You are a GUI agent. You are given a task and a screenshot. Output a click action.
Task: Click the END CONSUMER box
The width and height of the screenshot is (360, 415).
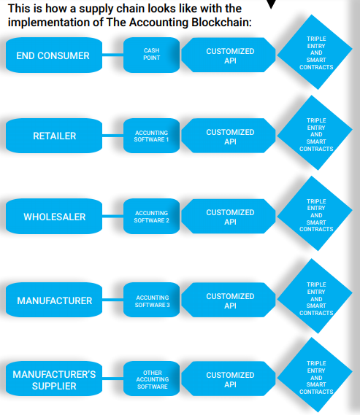pyautogui.click(x=54, y=55)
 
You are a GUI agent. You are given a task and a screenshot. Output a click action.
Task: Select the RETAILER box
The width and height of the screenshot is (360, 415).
pyautogui.click(x=54, y=136)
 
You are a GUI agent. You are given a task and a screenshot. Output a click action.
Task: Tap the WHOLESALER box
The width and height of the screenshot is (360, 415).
pyautogui.click(x=54, y=216)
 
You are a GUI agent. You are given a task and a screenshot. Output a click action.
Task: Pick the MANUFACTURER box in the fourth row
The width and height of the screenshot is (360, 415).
pyautogui.click(x=54, y=300)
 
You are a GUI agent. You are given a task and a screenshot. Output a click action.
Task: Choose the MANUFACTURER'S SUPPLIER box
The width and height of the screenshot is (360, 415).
pyautogui.click(x=54, y=379)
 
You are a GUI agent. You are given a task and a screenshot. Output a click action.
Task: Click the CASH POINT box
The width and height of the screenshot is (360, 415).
pyautogui.click(x=152, y=55)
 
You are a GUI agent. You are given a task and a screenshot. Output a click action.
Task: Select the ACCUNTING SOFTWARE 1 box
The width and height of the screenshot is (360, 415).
pyautogui.click(x=152, y=136)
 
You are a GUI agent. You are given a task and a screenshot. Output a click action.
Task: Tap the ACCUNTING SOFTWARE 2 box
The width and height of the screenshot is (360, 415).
pyautogui.click(x=152, y=216)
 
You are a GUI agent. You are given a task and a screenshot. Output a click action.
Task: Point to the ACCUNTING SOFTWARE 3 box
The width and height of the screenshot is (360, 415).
pyautogui.click(x=152, y=300)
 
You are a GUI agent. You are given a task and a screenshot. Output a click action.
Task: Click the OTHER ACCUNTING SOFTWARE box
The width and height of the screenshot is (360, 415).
pyautogui.click(x=152, y=379)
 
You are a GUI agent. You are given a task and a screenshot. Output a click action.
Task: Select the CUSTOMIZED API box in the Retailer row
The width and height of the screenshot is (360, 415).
pyautogui.click(x=229, y=136)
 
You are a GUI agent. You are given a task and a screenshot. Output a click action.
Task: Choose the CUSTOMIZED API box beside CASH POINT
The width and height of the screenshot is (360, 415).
pyautogui.click(x=229, y=55)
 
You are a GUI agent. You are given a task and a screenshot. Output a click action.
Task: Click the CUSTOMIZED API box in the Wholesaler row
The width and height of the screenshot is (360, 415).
pyautogui.click(x=229, y=216)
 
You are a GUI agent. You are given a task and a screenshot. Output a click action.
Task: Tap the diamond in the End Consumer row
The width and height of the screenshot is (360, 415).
pyautogui.click(x=315, y=52)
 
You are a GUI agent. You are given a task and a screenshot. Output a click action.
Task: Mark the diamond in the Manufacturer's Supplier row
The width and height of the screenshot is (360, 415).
pyautogui.click(x=315, y=374)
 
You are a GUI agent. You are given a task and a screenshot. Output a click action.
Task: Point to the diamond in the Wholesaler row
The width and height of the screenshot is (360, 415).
pyautogui.click(x=315, y=213)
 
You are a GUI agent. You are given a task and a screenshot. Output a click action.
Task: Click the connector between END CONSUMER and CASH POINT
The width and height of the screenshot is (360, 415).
pyautogui.click(x=113, y=55)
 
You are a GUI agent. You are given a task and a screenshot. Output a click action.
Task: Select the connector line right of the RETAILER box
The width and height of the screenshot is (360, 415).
pyautogui.click(x=113, y=136)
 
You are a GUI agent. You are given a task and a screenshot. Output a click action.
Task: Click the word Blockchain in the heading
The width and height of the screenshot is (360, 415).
pyautogui.click(x=221, y=22)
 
